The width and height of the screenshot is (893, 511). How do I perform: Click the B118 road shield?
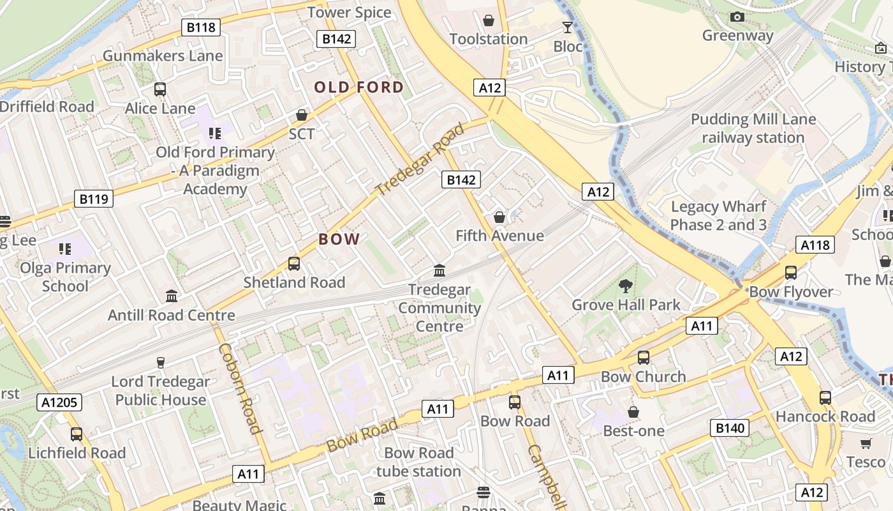pyautogui.click(x=201, y=27)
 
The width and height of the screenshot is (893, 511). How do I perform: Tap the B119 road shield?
pyautogui.click(x=94, y=199)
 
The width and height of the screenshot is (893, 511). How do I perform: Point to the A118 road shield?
pyautogui.click(x=815, y=245)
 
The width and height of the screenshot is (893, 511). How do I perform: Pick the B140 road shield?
pyautogui.click(x=730, y=428)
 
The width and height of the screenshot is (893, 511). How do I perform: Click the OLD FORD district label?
pyautogui.click(x=359, y=88)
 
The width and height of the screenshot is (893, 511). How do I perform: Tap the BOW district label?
pyautogui.click(x=339, y=240)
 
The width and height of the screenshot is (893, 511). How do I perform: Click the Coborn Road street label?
pyautogui.click(x=241, y=388)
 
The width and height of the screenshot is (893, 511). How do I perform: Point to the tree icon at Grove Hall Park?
pyautogui.click(x=626, y=286)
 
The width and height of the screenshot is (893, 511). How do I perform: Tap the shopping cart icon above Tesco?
pyautogui.click(x=866, y=443)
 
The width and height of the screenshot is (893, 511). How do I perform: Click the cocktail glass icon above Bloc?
pyautogui.click(x=567, y=27)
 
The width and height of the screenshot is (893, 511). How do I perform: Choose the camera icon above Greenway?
pyautogui.click(x=737, y=17)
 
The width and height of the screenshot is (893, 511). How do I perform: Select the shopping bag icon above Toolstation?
pyautogui.click(x=489, y=20)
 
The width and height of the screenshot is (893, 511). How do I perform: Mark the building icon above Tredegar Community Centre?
pyautogui.click(x=439, y=270)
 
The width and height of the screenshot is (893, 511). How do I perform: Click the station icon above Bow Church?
pyautogui.click(x=643, y=358)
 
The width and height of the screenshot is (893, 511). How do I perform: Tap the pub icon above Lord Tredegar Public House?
pyautogui.click(x=161, y=363)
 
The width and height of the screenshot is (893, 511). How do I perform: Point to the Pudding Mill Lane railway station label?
pyautogui.click(x=753, y=128)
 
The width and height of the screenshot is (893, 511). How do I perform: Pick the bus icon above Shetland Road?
pyautogui.click(x=294, y=263)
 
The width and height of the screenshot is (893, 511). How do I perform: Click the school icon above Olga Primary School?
pyautogui.click(x=65, y=248)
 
